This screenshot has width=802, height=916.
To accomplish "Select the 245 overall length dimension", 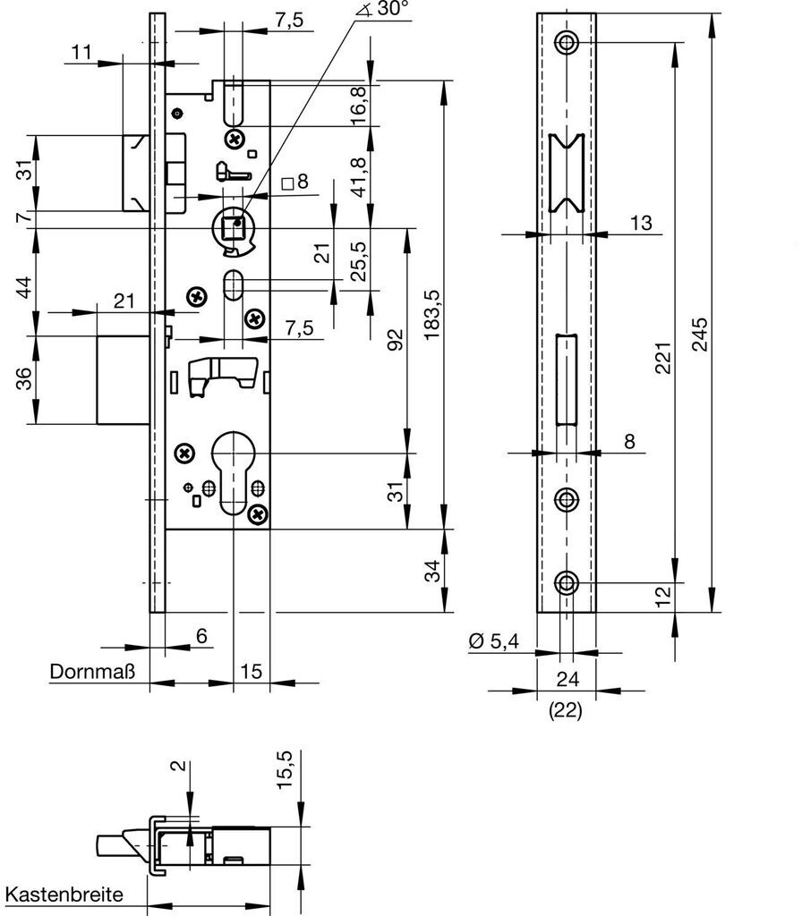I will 701,336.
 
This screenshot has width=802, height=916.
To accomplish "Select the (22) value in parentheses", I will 566,712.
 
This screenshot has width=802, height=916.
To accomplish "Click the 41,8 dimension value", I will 357,175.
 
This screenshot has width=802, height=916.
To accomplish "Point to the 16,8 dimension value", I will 357,106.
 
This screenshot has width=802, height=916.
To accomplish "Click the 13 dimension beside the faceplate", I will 642,222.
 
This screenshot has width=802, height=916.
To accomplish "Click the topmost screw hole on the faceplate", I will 566,41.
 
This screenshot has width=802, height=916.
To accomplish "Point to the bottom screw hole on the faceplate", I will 566,583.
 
